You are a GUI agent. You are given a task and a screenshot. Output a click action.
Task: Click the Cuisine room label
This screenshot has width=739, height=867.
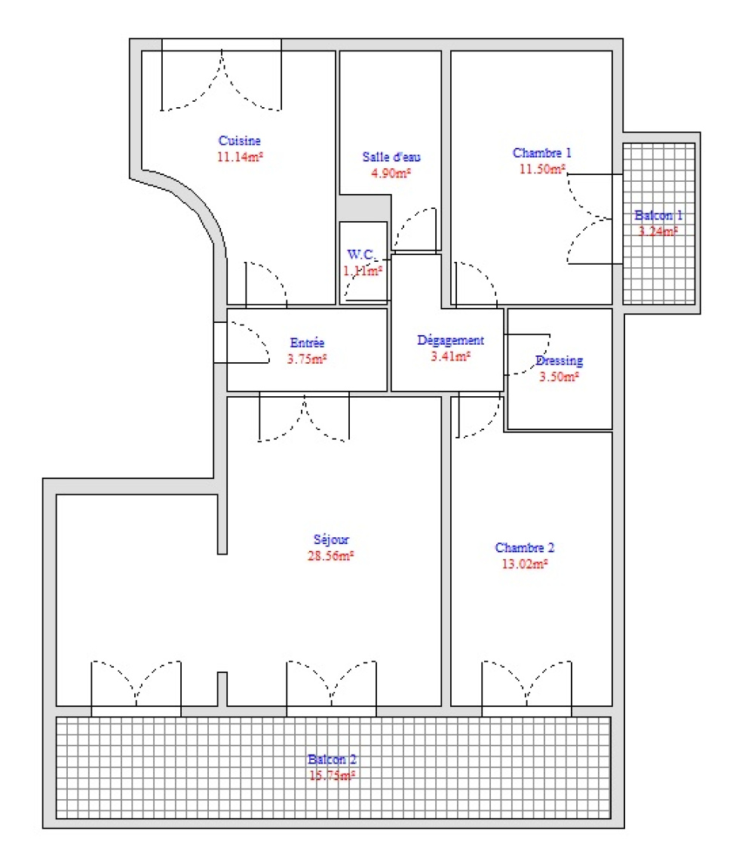tap(239, 140)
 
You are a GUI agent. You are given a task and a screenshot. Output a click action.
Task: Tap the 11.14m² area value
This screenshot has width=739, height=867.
tap(240, 156)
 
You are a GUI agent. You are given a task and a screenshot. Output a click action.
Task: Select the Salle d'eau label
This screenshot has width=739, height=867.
tap(391, 157)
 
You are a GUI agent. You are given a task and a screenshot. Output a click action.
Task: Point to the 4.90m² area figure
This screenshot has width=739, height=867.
tap(391, 173)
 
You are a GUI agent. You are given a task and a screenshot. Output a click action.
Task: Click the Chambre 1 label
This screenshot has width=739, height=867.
tap(541, 152)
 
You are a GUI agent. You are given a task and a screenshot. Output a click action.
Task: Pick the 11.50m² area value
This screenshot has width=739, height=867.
tap(542, 168)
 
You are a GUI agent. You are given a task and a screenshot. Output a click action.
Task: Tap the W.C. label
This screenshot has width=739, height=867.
tap(360, 254)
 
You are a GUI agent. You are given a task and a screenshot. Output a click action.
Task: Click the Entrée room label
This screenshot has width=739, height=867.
tap(307, 343)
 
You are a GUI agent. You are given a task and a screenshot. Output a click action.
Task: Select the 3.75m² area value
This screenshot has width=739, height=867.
tap(307, 359)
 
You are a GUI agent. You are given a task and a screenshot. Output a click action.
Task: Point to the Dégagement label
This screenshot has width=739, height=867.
tap(450, 340)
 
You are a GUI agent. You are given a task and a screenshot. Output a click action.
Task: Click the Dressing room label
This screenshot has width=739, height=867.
tap(560, 361)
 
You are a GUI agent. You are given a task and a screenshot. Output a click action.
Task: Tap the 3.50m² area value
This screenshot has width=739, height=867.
tap(560, 377)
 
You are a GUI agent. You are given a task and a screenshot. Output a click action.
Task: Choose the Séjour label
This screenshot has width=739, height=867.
tap(331, 539)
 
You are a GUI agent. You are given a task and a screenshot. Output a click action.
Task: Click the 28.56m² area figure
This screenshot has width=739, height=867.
tap(330, 555)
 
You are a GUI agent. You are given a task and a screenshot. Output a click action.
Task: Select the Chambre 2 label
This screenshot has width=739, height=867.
tap(525, 547)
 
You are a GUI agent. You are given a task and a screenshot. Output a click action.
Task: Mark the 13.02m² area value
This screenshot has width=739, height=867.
tap(525, 564)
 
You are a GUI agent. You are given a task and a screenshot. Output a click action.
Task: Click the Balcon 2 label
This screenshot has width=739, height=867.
tap(332, 759)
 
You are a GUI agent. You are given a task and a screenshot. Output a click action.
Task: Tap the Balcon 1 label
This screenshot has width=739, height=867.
tap(658, 215)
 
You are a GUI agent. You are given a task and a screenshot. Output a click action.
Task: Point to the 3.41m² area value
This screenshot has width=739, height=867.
tap(450, 356)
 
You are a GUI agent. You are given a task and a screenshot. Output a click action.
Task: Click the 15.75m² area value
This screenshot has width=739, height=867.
tap(332, 775)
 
